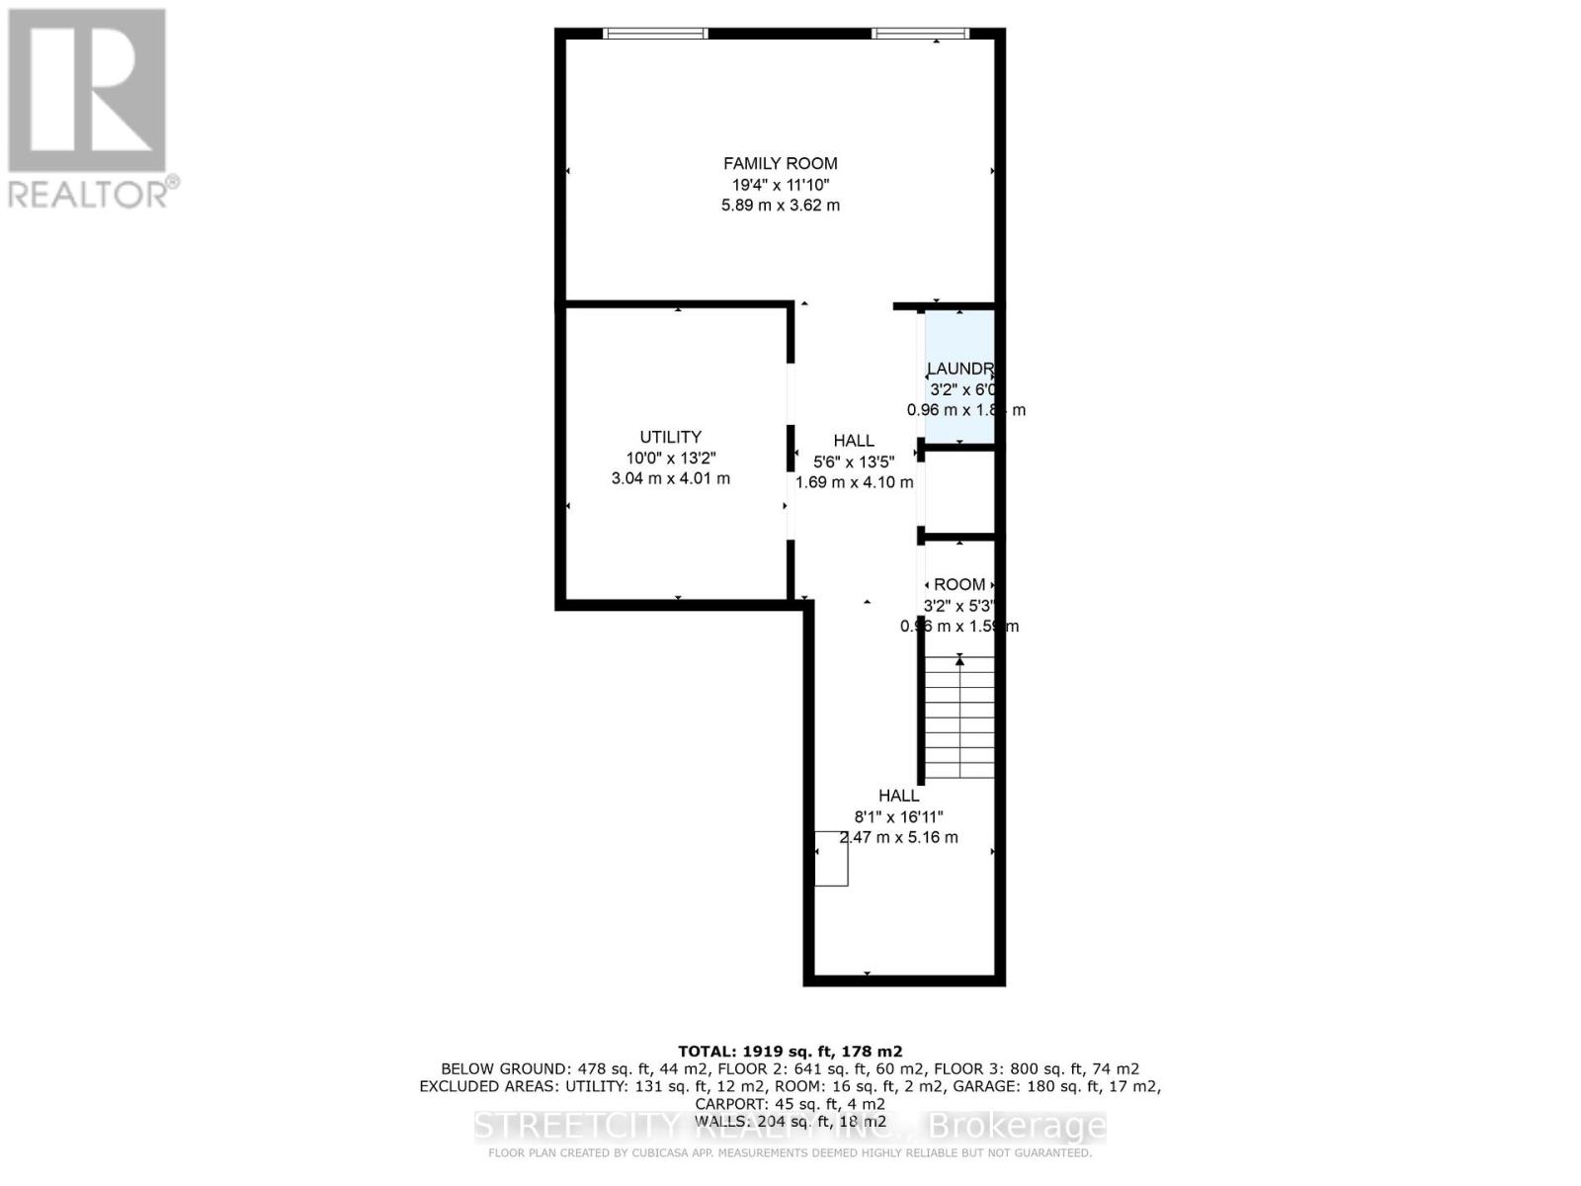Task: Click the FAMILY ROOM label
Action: [x=780, y=163]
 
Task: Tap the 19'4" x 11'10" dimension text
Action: [x=780, y=185]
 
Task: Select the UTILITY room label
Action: [x=670, y=437]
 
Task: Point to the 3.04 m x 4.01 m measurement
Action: [x=670, y=478]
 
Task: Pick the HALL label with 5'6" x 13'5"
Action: [x=853, y=441]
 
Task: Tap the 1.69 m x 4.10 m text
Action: [x=854, y=483]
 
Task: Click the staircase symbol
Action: [x=959, y=717]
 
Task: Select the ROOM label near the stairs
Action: [x=958, y=584]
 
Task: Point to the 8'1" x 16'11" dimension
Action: [x=898, y=816]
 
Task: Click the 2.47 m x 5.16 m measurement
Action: [x=898, y=837]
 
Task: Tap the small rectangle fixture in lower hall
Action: [x=831, y=858]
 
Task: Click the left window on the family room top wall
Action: [x=655, y=33]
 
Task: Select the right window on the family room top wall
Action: [x=920, y=33]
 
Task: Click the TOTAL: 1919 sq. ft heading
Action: [x=790, y=1052]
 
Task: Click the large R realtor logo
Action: [x=87, y=91]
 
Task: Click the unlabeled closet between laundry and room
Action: [x=958, y=492]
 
